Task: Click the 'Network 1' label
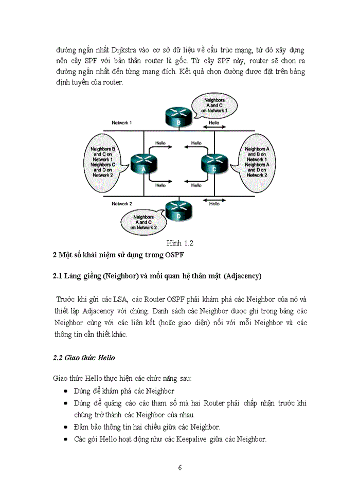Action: pyautogui.click(x=122, y=123)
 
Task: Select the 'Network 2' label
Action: pyautogui.click(x=122, y=204)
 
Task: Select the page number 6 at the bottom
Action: pyautogui.click(x=179, y=468)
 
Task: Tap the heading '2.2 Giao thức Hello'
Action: pyautogui.click(x=84, y=358)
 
